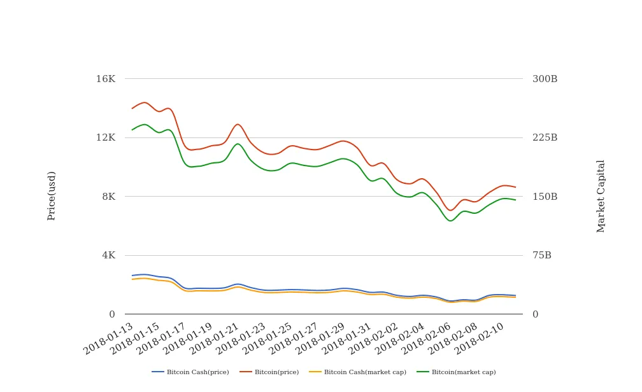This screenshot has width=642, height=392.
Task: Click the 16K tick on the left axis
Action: pyautogui.click(x=105, y=79)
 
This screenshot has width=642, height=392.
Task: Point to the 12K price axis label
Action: pyautogui.click(x=105, y=137)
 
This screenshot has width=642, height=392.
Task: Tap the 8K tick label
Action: pyautogui.click(x=108, y=197)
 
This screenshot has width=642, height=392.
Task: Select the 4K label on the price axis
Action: pyautogui.click(x=108, y=255)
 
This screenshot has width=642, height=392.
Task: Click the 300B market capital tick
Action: pyautogui.click(x=545, y=79)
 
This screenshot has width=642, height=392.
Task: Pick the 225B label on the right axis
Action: pyautogui.click(x=545, y=137)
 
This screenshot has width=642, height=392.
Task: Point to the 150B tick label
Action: pyautogui.click(x=545, y=197)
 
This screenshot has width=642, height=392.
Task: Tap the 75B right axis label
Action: pyautogui.click(x=542, y=255)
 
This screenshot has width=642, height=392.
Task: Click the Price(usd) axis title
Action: pyautogui.click(x=52, y=195)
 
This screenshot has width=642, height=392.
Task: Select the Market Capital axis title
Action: pyautogui.click(x=601, y=195)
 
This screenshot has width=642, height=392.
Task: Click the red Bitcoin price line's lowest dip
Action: pyautogui.click(x=450, y=210)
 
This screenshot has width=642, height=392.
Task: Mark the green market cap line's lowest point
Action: pyautogui.click(x=450, y=221)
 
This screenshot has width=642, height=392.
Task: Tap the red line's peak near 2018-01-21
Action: pyautogui.click(x=238, y=124)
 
